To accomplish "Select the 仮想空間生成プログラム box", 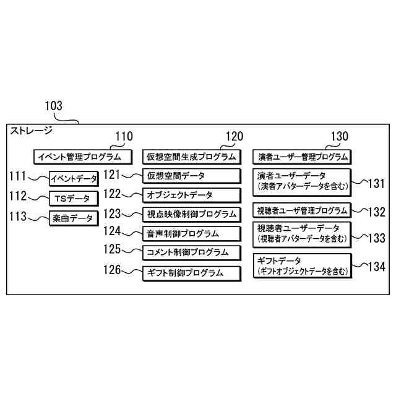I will tap(191, 157).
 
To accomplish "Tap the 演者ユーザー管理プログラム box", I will tap(301, 157).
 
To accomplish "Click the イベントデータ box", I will tap(74, 179).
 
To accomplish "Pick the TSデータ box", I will tap(73, 199).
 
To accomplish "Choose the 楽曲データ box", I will tap(73, 218).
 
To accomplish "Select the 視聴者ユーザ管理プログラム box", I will tap(301, 211).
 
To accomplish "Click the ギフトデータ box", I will tap(301, 267).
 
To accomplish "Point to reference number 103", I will tap(54, 106).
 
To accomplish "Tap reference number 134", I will tap(375, 267).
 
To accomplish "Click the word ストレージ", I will tap(30, 131).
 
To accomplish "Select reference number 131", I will tap(376, 183).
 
